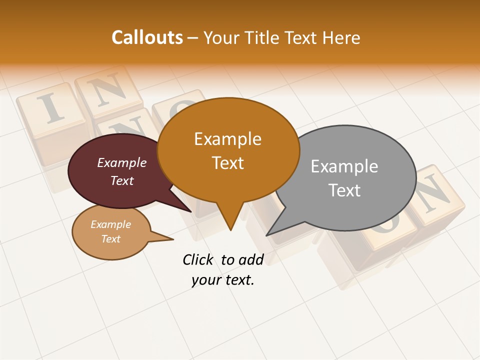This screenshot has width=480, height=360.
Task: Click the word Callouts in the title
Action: (147, 37)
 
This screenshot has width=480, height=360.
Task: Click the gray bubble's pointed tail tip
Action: (267, 235)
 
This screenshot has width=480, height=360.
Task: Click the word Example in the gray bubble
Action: (344, 166)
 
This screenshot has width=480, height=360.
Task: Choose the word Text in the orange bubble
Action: (228, 163)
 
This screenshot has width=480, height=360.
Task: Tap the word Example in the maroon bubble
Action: (122, 162)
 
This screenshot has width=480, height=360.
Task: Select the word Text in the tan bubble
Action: (111, 239)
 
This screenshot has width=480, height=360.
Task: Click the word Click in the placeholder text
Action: (198, 259)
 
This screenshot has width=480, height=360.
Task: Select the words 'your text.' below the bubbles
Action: (223, 280)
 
